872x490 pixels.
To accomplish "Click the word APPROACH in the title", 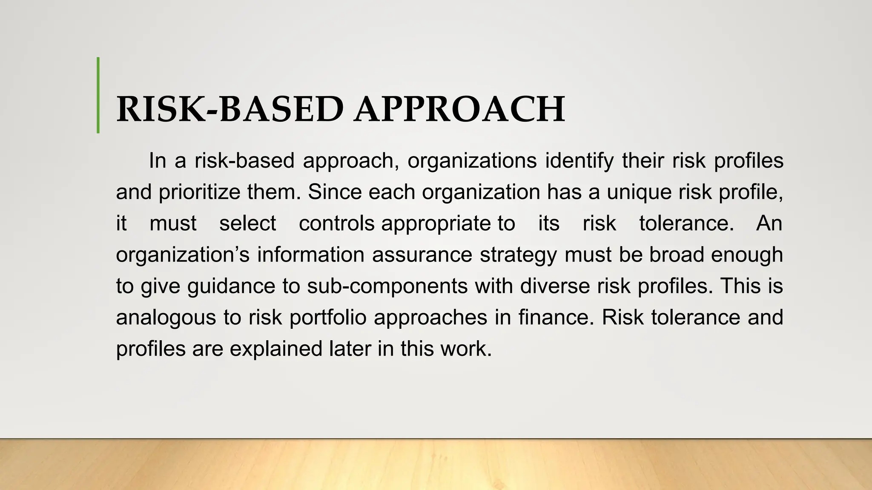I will (x=460, y=109).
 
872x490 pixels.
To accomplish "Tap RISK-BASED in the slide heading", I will (x=230, y=109).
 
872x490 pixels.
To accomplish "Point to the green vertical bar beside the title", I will (x=98, y=95).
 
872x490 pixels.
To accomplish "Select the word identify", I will (x=579, y=161).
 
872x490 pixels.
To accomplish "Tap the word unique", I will (x=639, y=192).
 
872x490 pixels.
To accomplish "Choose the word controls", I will (x=336, y=223).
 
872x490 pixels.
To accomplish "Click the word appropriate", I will (x=436, y=224).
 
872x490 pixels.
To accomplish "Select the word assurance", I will (x=422, y=255).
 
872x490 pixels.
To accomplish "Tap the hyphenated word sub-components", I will (x=387, y=286).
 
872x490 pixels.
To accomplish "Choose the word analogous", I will (x=166, y=318).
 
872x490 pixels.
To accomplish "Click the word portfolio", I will (x=328, y=318).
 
